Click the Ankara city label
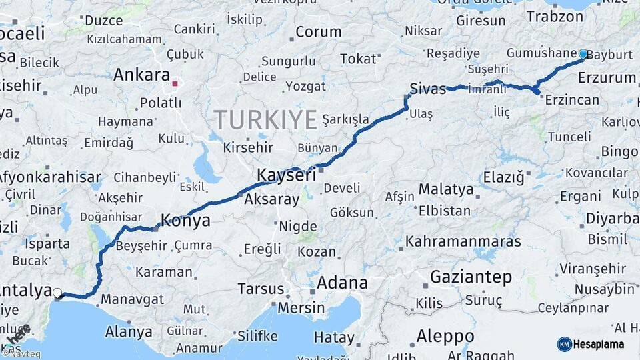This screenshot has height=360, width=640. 141,74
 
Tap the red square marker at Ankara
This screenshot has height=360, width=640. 175,83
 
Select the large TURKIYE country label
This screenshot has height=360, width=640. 265,120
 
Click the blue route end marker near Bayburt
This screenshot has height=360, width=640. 583,54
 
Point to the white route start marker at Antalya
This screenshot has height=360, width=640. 57,292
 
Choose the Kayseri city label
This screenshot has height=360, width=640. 287,175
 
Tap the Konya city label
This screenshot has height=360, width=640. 186,220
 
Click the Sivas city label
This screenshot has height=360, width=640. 427,89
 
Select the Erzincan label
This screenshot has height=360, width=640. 572,100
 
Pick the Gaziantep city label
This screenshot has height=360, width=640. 471,276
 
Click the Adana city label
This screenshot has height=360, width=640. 342,283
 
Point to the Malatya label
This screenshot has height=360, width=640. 447,189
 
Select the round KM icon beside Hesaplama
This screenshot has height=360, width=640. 565,344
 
